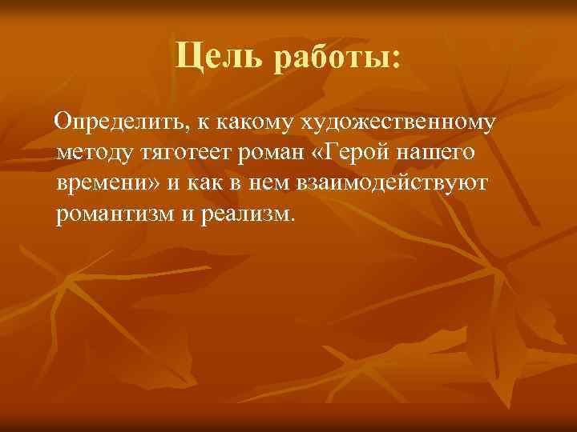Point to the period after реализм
(x=293, y=218)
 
